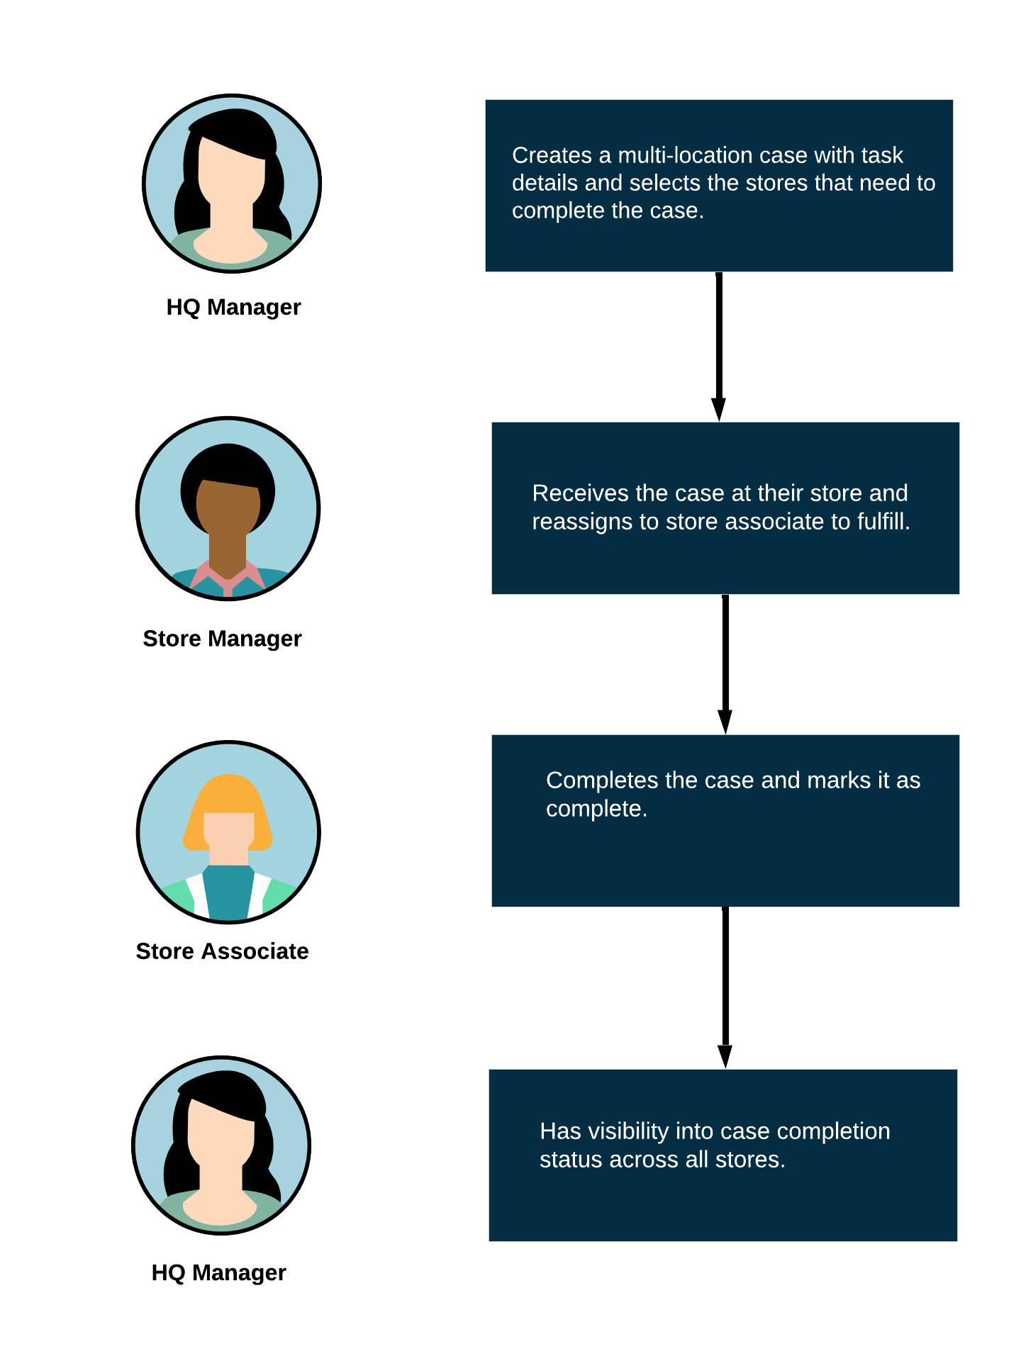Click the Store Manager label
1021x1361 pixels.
222,639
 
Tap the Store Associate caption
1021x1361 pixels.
222,951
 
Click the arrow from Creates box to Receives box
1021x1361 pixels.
719,347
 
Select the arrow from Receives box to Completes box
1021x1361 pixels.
725,665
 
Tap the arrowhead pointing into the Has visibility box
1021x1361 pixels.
725,1056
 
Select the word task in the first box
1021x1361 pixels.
881,155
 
